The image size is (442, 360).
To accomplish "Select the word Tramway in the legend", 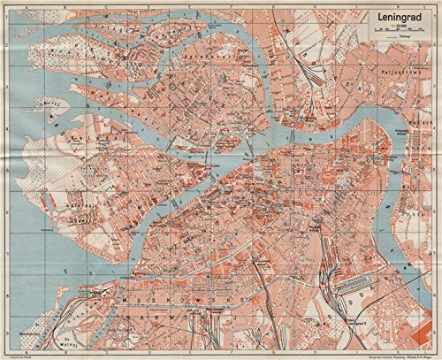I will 405,38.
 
